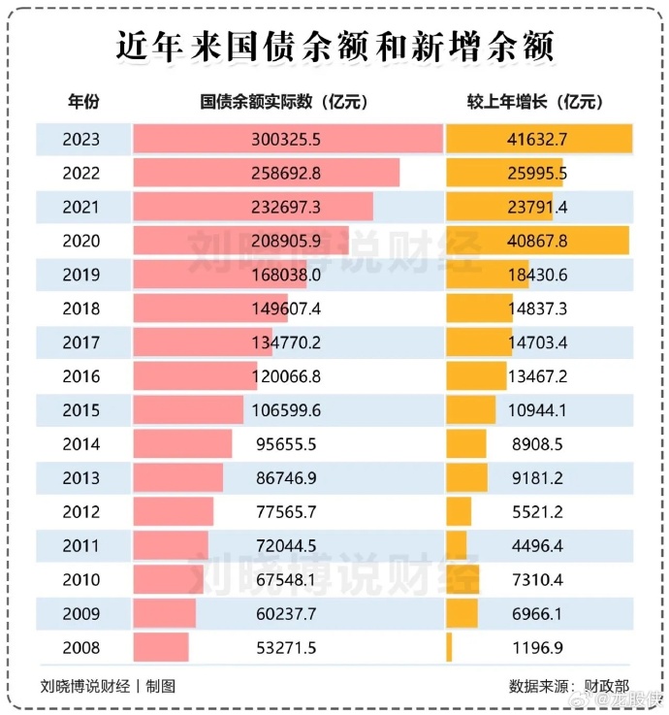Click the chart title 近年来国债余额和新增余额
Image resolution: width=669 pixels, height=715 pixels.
pos(334,46)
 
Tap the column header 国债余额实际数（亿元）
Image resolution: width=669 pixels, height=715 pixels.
pos(284,102)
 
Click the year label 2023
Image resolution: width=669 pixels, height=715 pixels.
pos(80,139)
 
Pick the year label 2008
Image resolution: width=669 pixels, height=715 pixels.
pos(80,647)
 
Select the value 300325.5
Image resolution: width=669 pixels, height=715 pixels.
pos(285,139)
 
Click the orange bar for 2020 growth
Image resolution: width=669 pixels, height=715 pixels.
pos(537,241)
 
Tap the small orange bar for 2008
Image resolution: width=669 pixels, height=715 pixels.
pos(449,647)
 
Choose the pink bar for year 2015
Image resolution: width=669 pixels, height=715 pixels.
pos(188,410)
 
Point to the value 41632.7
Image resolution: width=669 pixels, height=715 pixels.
pos(537,139)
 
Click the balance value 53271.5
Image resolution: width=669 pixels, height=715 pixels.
pos(285,647)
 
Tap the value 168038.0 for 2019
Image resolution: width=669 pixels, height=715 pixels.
pos(285,275)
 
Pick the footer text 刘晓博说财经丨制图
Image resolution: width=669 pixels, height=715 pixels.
pos(109,686)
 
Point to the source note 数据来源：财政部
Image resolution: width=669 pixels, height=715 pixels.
pos(568,686)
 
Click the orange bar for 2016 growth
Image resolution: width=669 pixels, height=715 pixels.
pos(475,376)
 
